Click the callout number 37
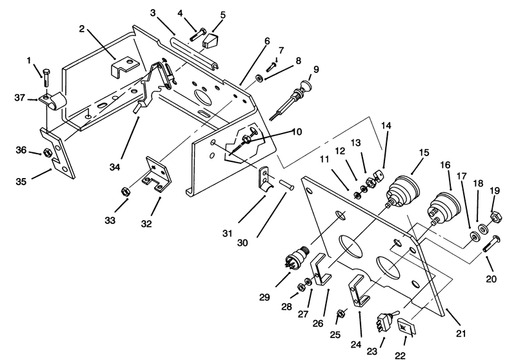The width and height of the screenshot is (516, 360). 19,97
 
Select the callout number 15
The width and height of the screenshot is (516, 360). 424,152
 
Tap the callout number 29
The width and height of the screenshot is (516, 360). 264,297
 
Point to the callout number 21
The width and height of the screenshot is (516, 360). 461,334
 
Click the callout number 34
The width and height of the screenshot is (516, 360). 115,167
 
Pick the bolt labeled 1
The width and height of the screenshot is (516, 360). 46,78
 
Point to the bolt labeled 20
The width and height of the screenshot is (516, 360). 491,244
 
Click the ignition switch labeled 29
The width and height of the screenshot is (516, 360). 297,257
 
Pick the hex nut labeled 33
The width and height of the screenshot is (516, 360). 125,191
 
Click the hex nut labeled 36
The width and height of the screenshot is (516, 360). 46,153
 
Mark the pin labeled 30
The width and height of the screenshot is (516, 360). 286,184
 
